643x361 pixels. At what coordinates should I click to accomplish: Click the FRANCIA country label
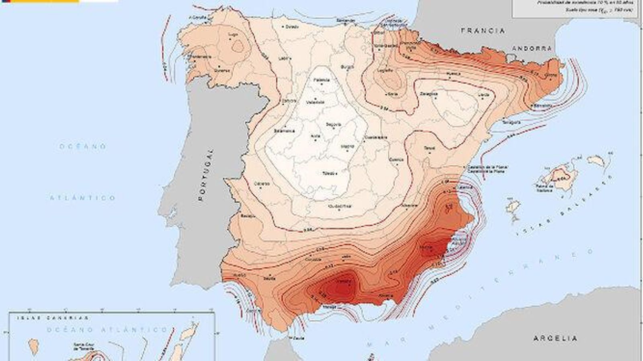pos(483,30)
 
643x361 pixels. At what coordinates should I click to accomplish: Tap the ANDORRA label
pos(532,48)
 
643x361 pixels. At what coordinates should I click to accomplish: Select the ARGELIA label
pos(555,339)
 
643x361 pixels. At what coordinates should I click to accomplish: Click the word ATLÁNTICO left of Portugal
pos(83,198)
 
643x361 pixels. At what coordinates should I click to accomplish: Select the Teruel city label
pos(429,148)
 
